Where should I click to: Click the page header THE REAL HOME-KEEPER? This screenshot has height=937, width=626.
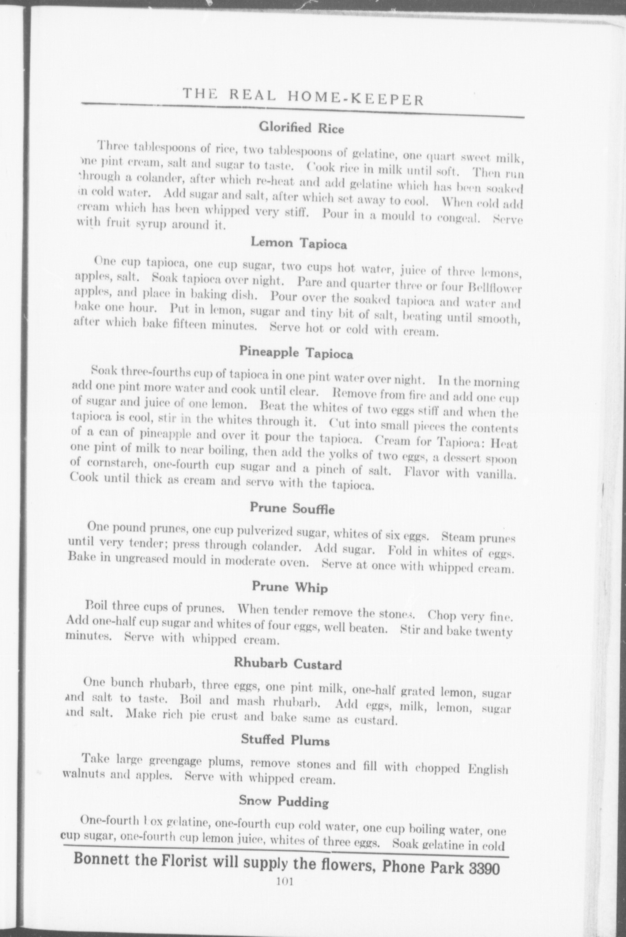pos(303,97)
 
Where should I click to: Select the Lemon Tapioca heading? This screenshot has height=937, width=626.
pos(299,243)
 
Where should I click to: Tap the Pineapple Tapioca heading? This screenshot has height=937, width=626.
pos(296,353)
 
